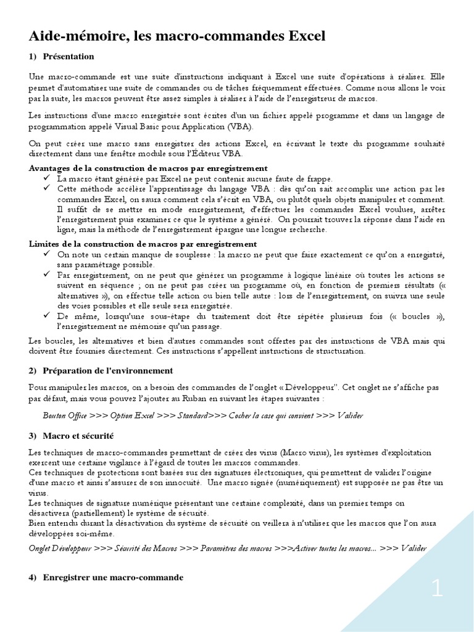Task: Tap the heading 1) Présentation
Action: [x=62, y=57]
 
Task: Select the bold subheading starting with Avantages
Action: [x=148, y=168]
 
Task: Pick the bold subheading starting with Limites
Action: [x=143, y=244]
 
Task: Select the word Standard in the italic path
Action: [x=192, y=415]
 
